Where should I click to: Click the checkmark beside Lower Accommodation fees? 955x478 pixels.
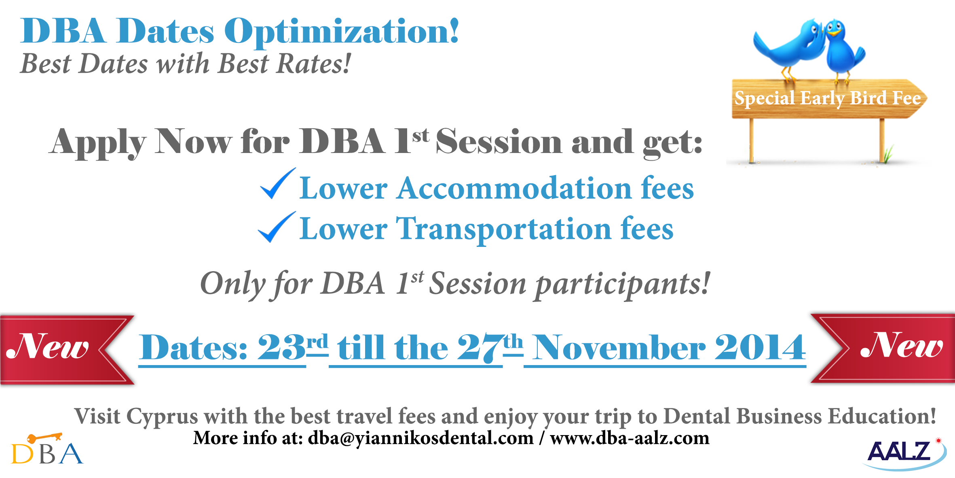point(277,184)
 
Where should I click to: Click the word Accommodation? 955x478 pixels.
point(514,188)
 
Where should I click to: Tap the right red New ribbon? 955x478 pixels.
point(883,348)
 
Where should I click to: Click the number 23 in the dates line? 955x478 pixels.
point(281,347)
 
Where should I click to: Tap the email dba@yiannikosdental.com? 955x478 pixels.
point(420,438)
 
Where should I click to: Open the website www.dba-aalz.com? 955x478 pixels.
point(630,438)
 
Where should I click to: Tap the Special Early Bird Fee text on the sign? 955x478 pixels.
point(828,98)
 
